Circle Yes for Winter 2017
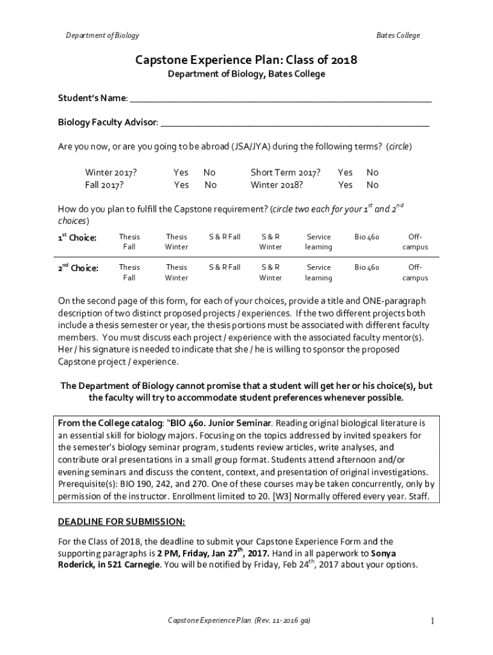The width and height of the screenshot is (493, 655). (181, 173)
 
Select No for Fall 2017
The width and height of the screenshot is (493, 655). (210, 185)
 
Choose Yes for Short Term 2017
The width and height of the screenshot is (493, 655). (345, 173)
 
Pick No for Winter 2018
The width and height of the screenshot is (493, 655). (372, 185)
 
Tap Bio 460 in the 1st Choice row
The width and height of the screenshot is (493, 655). (367, 237)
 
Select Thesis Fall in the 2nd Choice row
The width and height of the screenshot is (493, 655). (129, 272)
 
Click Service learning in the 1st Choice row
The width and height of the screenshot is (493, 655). (318, 242)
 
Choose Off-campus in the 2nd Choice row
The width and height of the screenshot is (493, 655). (415, 272)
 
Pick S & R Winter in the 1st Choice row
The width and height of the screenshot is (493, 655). (270, 242)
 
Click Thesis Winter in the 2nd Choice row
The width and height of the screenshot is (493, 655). (176, 272)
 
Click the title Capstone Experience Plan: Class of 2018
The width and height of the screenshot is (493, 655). (246, 60)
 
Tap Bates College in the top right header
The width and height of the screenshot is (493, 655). (398, 35)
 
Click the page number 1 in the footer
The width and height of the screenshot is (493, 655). (433, 621)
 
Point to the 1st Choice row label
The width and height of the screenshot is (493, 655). (77, 238)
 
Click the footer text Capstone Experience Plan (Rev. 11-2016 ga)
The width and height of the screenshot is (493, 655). (239, 621)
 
